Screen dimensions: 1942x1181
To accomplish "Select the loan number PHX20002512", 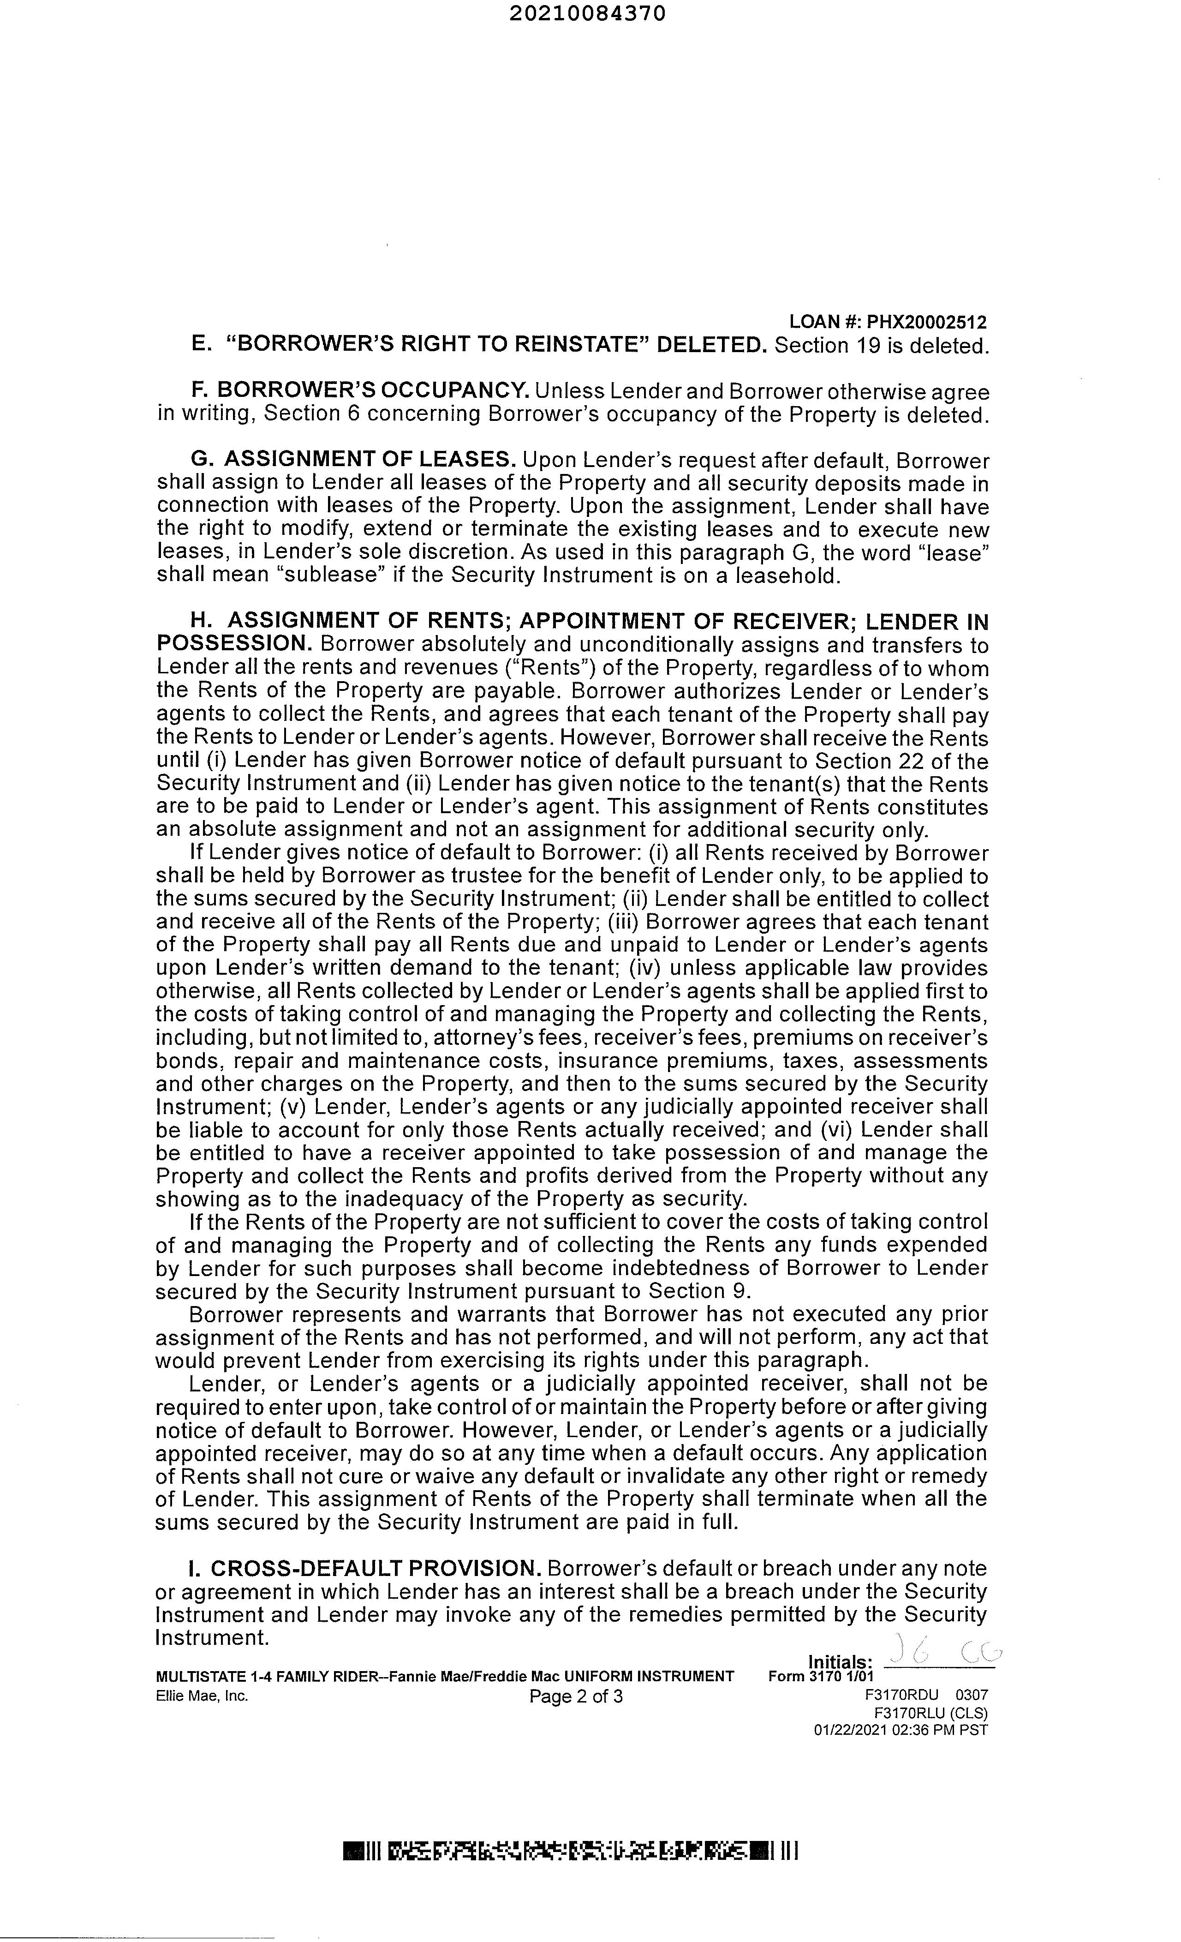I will click(926, 322).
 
